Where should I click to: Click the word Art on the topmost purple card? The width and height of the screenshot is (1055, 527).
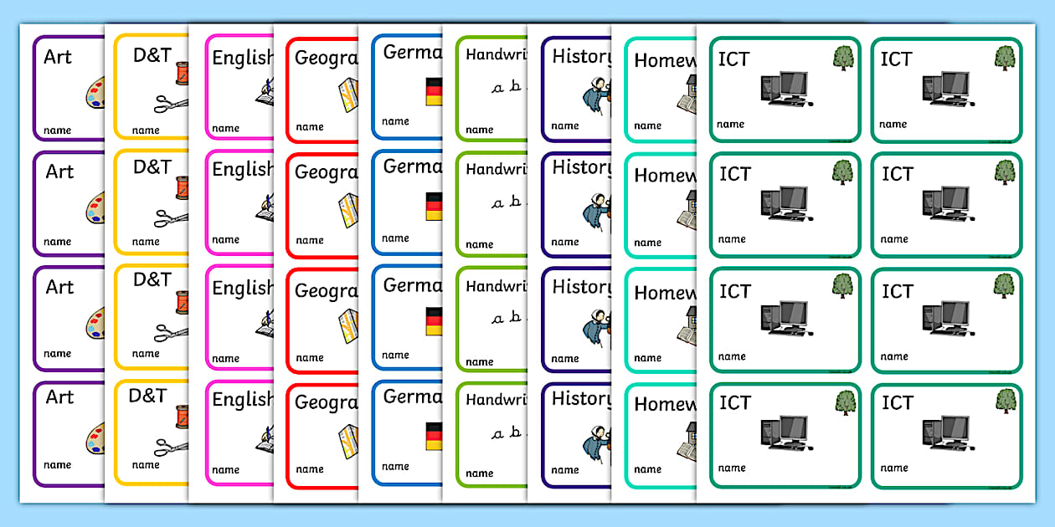click(59, 57)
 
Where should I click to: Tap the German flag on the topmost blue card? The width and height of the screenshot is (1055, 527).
click(434, 91)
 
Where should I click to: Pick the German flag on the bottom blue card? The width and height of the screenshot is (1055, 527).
click(434, 436)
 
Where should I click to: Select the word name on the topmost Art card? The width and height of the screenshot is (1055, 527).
click(58, 130)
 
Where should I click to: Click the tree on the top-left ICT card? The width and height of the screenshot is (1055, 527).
click(843, 57)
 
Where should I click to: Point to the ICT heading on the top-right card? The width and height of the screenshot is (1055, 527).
click(896, 58)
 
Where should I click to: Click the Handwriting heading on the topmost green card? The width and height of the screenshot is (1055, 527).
click(495, 54)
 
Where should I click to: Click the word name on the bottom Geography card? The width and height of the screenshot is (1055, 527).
click(310, 469)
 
